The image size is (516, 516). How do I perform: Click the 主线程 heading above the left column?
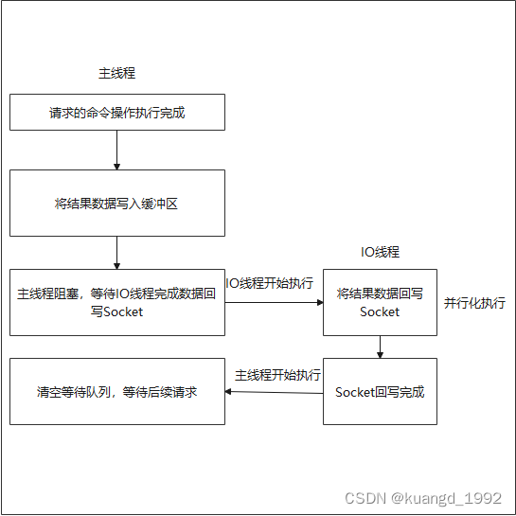coord(116,73)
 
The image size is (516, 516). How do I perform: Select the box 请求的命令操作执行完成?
coord(117,113)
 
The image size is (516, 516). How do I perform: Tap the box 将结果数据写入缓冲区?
coord(117,203)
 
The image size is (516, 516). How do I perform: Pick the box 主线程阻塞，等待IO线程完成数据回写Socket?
coord(117,302)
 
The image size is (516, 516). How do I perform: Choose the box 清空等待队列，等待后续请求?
coord(117,391)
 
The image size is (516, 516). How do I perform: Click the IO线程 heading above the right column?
coord(380,252)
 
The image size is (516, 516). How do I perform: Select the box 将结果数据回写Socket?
coord(380,302)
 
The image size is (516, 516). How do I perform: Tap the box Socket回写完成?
coord(380,391)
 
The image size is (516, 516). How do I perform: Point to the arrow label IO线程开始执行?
coord(270,283)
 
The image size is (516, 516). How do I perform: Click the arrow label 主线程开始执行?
coord(277,375)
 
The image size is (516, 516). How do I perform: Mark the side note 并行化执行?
coord(474,303)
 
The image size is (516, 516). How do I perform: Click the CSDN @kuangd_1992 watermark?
coord(423,498)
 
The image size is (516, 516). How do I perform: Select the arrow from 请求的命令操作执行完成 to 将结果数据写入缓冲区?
coord(116,150)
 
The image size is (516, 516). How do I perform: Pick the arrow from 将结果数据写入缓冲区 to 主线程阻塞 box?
coord(116,253)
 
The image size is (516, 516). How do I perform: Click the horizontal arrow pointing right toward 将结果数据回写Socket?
coord(275,302)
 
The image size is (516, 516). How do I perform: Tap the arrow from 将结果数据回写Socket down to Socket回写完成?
coord(380,347)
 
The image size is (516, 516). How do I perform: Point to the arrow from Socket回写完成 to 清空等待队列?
coord(275,392)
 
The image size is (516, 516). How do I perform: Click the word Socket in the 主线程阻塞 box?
coord(123,312)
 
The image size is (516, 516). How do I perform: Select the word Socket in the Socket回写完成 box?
coord(355,392)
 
